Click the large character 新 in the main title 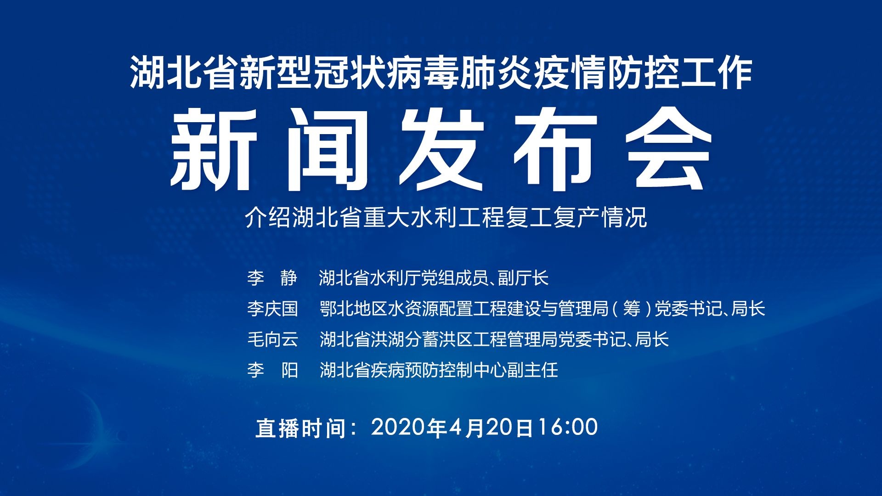tap(214, 149)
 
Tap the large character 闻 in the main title tap(327, 149)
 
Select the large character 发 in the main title tap(441, 149)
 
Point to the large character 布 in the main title tap(555, 149)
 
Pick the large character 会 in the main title tap(669, 149)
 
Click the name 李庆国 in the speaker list tap(272, 309)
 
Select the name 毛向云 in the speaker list tap(272, 339)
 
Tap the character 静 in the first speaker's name tap(289, 278)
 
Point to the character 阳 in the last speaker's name tap(290, 370)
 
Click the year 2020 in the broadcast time tap(398, 427)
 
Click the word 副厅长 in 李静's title tap(523, 278)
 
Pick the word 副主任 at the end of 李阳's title tap(533, 370)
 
